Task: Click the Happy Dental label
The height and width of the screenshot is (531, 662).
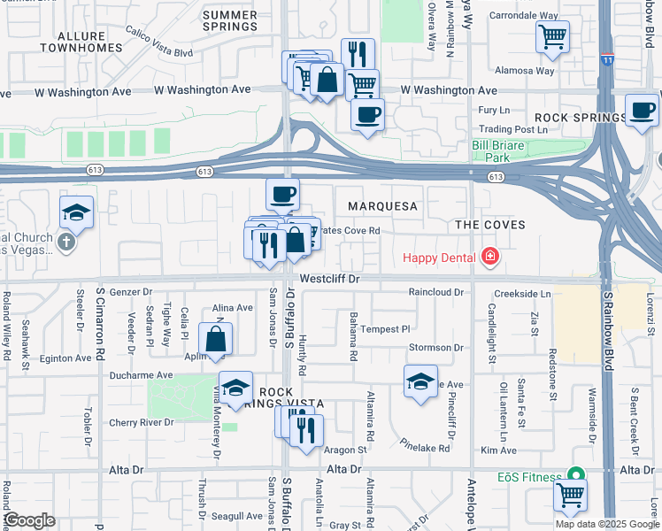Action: tap(439, 258)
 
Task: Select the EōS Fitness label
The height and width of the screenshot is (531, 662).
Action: tap(530, 477)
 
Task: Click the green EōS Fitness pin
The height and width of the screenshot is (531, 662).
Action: tap(577, 476)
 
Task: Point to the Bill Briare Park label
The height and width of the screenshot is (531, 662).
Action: tap(503, 151)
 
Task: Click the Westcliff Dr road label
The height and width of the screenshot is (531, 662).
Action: tap(332, 278)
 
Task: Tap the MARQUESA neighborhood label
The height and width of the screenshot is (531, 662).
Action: tap(381, 206)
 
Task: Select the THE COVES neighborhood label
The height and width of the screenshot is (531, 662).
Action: tap(489, 225)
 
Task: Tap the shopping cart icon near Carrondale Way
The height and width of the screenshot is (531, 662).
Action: tap(552, 36)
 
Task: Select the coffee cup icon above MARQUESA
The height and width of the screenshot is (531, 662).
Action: tap(282, 194)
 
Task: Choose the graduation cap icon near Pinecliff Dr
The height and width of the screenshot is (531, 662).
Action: tap(420, 381)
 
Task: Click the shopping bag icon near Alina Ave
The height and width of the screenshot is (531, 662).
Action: tap(216, 339)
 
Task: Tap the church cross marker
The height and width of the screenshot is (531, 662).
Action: tap(66, 242)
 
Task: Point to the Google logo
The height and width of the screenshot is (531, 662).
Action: tap(29, 520)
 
